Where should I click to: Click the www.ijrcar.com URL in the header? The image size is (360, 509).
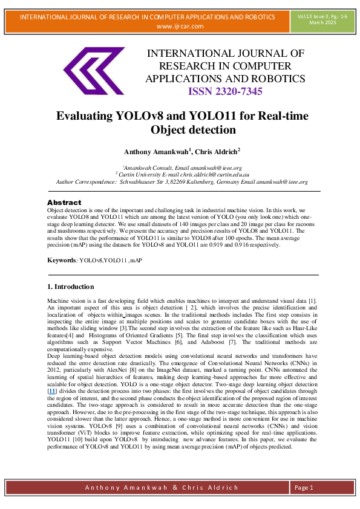click(x=180, y=26)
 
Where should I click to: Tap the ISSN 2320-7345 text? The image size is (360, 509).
click(x=225, y=91)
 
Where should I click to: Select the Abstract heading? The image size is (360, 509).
click(x=64, y=202)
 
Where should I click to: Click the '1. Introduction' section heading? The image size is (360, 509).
click(x=70, y=286)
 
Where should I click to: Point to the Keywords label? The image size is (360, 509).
click(x=62, y=260)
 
